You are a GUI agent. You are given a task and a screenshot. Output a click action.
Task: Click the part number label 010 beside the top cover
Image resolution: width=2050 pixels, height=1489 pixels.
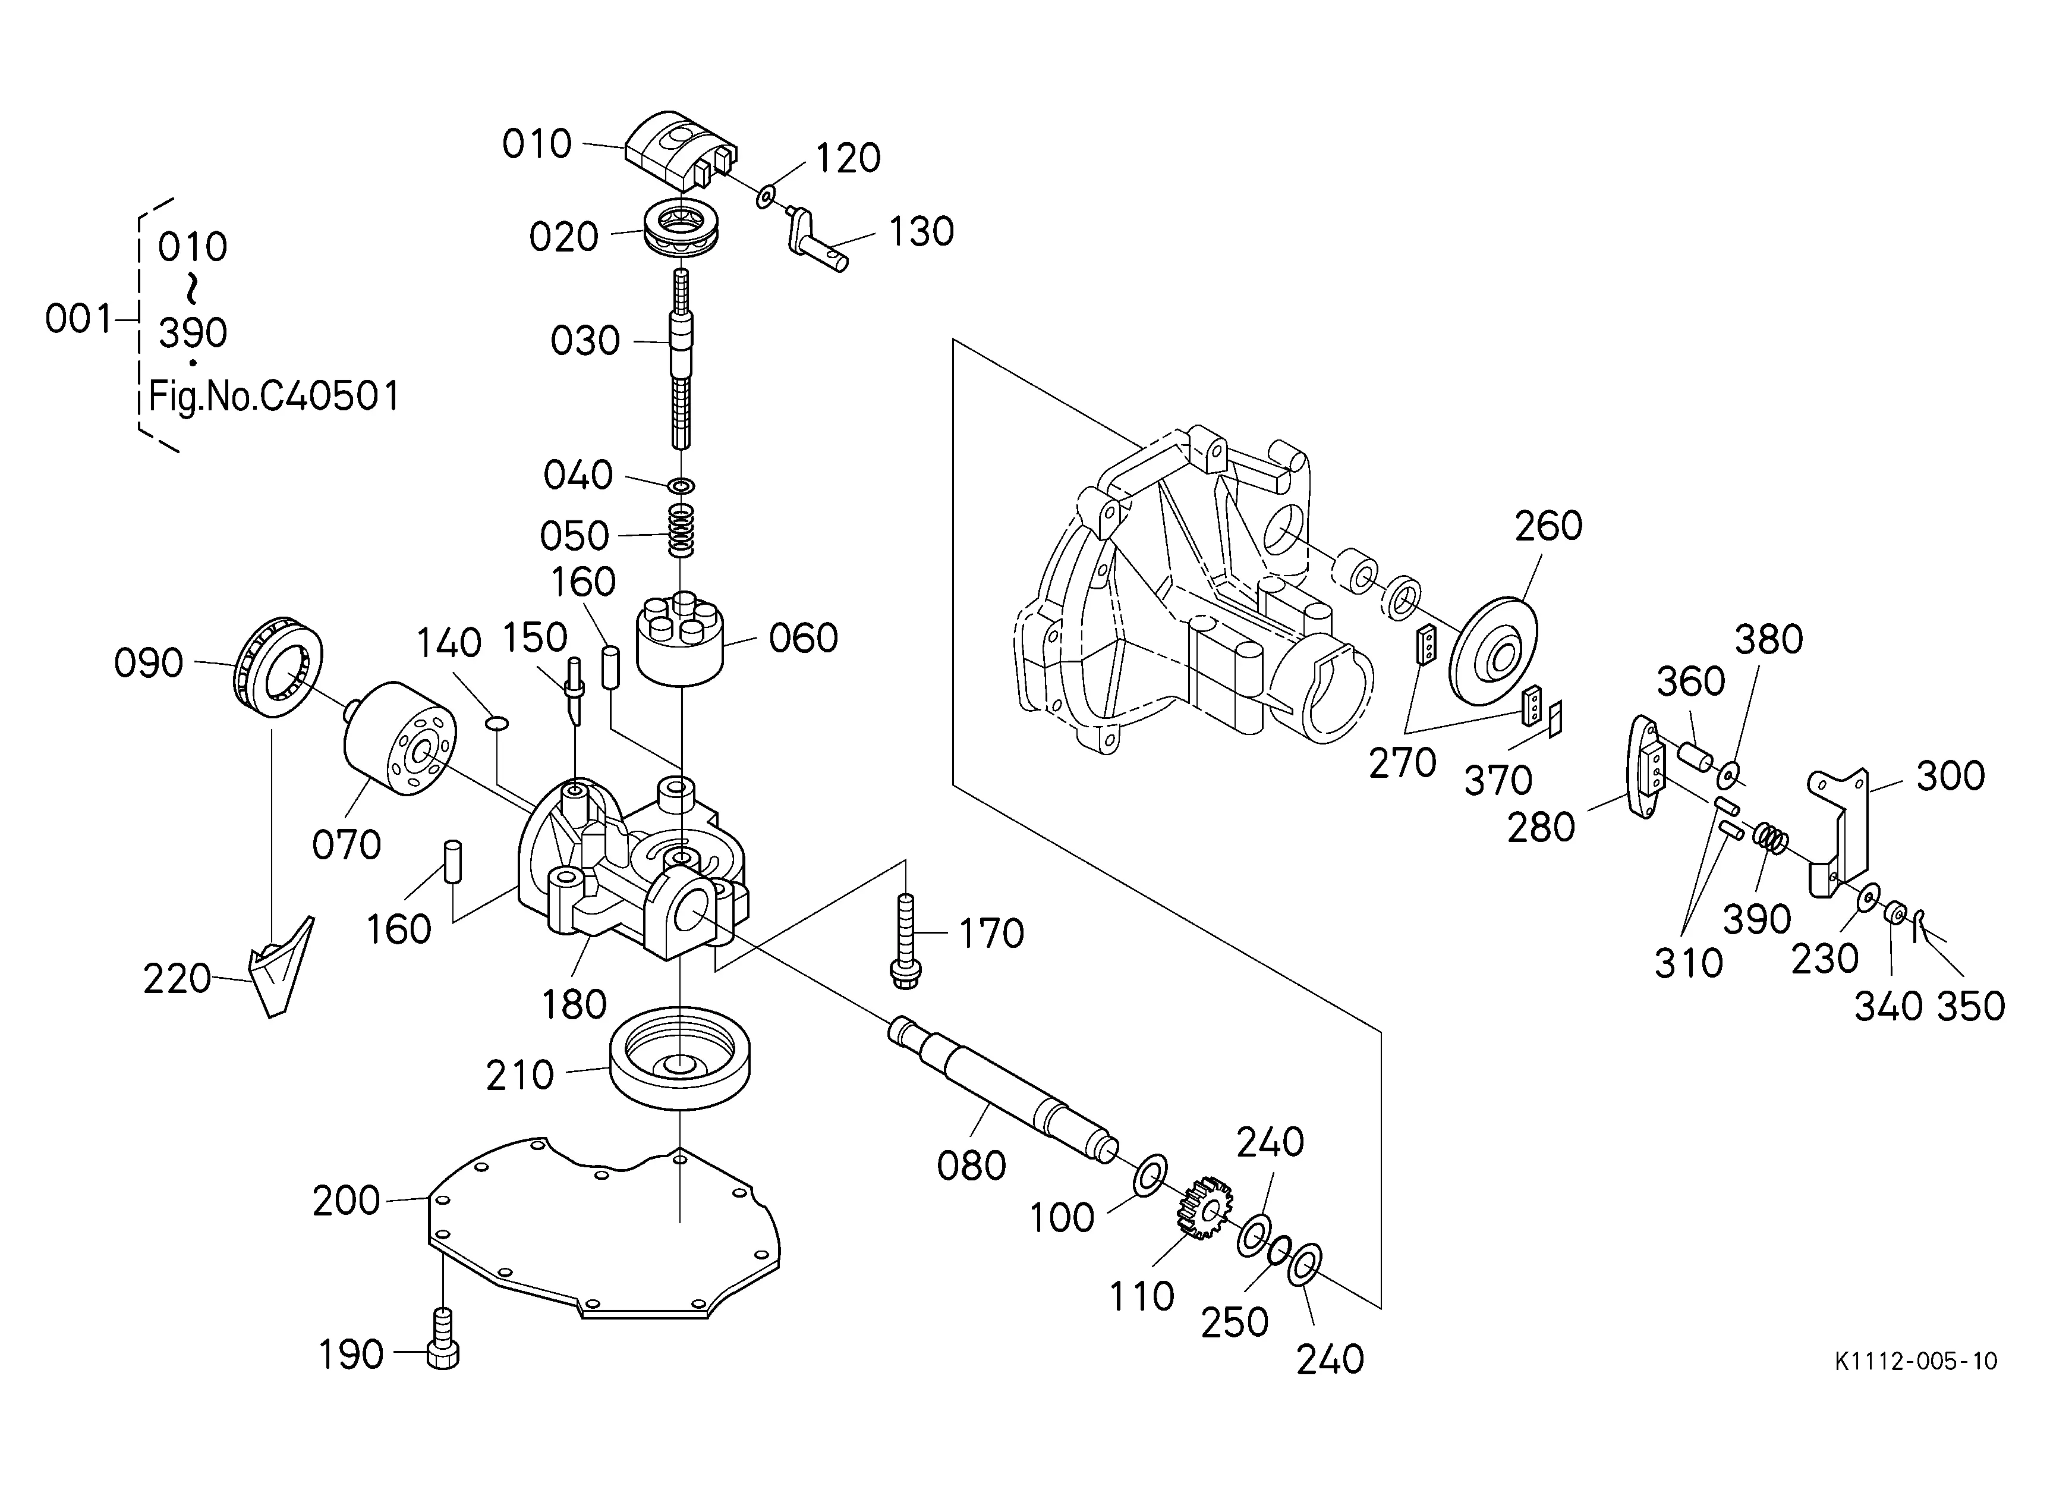pos(537,144)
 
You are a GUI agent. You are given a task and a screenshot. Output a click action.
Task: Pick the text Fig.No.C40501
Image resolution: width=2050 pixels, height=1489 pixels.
pos(273,396)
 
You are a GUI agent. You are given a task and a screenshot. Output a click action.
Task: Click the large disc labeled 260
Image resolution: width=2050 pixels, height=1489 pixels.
pos(1492,649)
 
